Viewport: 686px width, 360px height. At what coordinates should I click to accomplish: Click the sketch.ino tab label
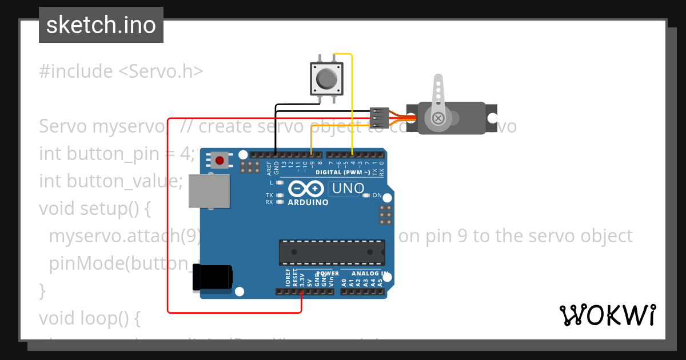(101, 25)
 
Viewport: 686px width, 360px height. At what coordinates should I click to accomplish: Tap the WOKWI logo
(607, 315)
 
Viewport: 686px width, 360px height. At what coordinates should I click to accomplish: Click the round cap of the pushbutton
(326, 78)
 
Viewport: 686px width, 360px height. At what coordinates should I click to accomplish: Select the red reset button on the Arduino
(220, 159)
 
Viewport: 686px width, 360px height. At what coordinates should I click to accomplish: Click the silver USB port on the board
(209, 190)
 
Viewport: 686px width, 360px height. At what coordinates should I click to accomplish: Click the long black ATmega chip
(332, 252)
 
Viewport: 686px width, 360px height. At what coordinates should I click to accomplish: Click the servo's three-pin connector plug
(380, 118)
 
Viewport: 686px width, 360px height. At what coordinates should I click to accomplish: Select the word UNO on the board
(348, 189)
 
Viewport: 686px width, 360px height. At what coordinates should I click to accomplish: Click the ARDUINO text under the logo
(308, 202)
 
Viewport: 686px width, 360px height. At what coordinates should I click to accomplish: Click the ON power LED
(366, 195)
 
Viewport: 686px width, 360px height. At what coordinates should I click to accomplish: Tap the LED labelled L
(280, 183)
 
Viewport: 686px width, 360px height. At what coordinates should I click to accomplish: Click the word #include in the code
(76, 71)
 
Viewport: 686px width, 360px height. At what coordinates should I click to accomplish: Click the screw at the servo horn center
(438, 118)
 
